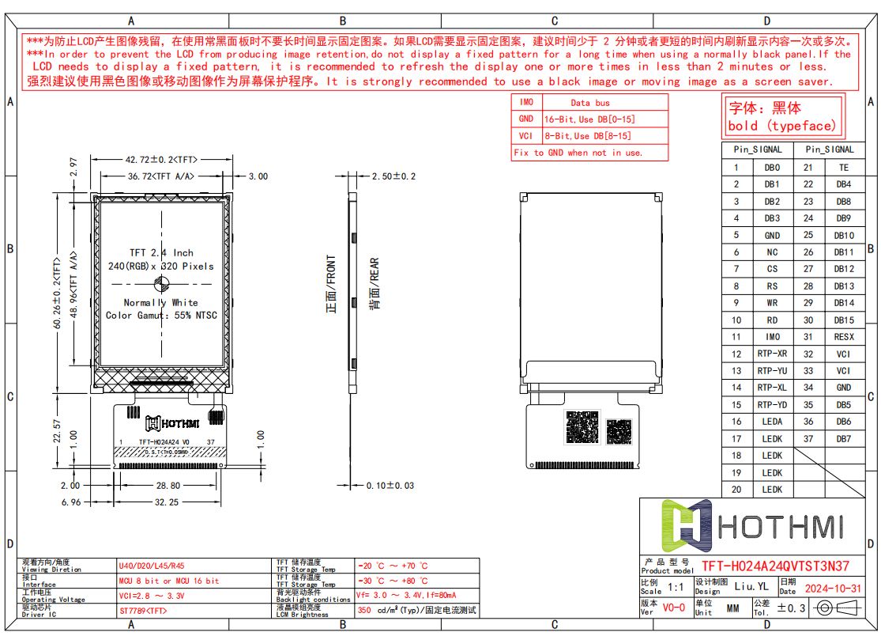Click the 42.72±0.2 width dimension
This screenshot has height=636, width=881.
coord(161,158)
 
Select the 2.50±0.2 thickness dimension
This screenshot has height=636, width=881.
coord(393,176)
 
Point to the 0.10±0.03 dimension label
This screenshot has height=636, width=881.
coord(390,485)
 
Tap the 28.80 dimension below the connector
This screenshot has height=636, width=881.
coord(167,486)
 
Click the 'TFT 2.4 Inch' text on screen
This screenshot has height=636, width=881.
coord(161,253)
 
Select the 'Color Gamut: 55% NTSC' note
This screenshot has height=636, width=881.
coord(161,316)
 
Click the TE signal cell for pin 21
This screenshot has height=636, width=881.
coord(843,168)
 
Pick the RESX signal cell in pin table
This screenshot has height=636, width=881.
coord(843,337)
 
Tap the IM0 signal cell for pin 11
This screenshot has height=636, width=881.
coord(772,337)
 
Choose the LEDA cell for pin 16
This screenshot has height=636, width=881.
coord(772,422)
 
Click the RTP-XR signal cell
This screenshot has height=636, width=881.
coord(772,354)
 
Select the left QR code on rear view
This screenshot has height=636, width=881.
coord(583,427)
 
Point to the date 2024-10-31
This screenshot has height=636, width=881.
coord(831,589)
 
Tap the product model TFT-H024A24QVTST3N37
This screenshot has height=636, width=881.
coord(775,566)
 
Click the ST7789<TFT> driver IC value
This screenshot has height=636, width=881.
coord(143,611)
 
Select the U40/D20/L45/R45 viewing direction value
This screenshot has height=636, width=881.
coord(152,566)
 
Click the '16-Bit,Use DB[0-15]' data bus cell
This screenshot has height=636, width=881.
coord(589,119)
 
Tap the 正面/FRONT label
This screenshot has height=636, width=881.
coord(332,284)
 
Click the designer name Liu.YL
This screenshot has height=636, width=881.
coord(751,587)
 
